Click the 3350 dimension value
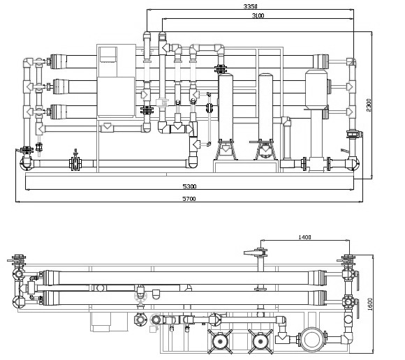click(250, 6)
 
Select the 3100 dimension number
click(258, 15)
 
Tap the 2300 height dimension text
click(369, 105)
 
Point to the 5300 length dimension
click(189, 186)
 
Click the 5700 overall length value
click(189, 198)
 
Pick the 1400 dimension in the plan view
click(304, 237)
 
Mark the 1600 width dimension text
click(370, 304)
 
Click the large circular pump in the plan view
click(312, 340)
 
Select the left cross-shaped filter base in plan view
click(220, 341)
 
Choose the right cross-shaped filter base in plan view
click(260, 341)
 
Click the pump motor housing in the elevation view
click(316, 89)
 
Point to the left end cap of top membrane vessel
click(59, 61)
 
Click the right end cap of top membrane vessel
click(321, 61)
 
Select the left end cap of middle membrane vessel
click(61, 87)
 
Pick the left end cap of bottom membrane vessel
click(59, 112)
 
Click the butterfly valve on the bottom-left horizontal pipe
click(75, 162)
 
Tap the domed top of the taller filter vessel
click(266, 75)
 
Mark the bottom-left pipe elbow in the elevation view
click(26, 163)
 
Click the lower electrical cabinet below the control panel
click(116, 96)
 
